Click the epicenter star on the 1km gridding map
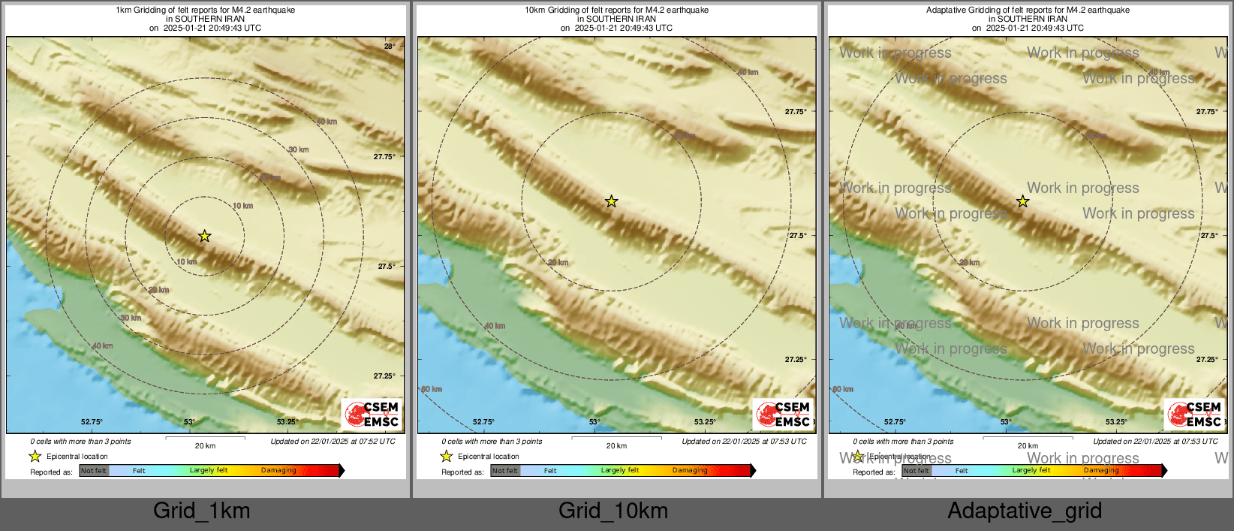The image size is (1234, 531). tap(204, 237)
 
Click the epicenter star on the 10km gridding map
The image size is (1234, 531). tap(612, 201)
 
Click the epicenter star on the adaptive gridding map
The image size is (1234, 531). tap(1022, 201)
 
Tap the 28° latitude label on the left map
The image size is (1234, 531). tap(390, 47)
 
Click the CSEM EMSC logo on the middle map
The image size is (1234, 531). tap(784, 415)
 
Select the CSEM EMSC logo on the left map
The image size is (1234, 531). tap(372, 415)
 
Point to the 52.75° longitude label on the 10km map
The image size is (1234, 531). tap(483, 422)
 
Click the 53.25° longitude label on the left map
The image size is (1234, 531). tap(287, 422)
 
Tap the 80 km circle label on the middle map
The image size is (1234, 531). tap(432, 389)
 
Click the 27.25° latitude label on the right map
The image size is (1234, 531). tap(1207, 359)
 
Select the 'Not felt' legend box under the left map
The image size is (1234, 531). tap(94, 471)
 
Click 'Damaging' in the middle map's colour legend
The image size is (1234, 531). tap(690, 471)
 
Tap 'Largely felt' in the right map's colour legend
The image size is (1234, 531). tap(1031, 471)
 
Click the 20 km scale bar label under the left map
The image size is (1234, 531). tap(205, 445)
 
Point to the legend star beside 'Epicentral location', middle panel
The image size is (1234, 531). tap(446, 456)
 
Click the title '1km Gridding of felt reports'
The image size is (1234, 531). tap(205, 11)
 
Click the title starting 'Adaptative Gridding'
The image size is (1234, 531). tap(1028, 11)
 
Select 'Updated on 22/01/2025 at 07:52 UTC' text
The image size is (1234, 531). tap(333, 442)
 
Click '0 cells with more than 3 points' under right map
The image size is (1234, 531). tap(903, 442)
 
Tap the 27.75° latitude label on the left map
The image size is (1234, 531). tap(384, 157)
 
